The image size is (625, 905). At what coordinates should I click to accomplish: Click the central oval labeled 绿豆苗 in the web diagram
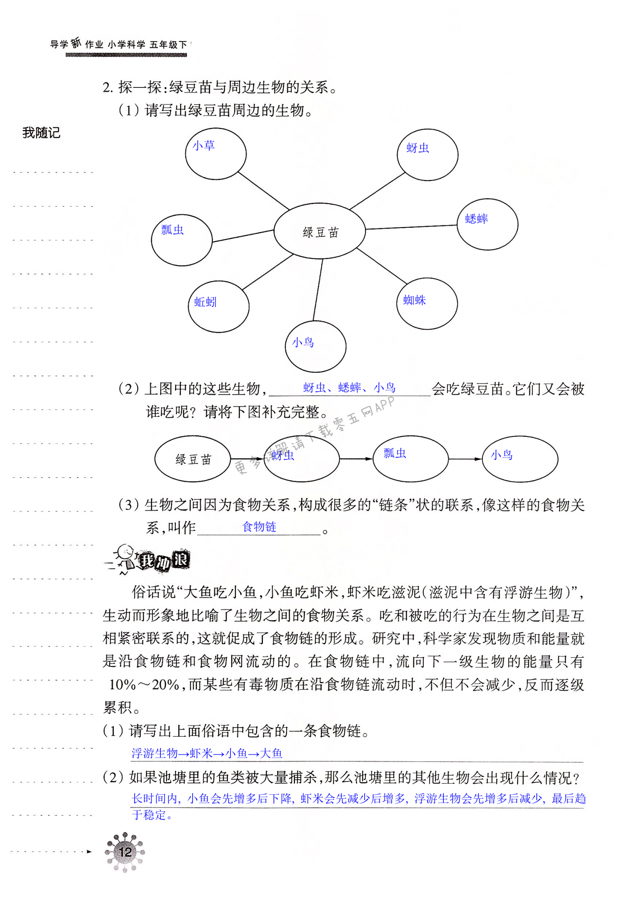point(320,232)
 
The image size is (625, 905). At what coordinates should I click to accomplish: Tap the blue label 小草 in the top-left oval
point(204,145)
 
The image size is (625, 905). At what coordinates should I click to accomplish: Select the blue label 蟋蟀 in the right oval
point(476,219)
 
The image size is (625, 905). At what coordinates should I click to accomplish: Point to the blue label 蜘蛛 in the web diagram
point(414,300)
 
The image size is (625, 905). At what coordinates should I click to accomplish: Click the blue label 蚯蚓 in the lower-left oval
point(205,302)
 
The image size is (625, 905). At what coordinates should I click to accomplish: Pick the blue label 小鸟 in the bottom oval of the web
point(303,342)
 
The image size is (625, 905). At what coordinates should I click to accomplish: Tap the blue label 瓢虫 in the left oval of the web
point(172,229)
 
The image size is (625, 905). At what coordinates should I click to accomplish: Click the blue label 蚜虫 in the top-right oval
point(417,148)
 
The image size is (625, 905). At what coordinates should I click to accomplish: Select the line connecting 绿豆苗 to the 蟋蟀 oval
point(411,227)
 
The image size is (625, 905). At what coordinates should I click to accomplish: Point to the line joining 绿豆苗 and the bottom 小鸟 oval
point(318,290)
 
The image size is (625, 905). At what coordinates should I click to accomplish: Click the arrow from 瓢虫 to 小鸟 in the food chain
point(465,459)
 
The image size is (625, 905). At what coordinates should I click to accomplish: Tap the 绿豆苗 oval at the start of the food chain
point(193,459)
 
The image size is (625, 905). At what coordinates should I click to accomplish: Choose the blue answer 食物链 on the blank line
point(259,527)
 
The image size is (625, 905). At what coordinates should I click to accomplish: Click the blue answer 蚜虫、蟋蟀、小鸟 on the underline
point(349,388)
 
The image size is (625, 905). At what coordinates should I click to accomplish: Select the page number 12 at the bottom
point(125,852)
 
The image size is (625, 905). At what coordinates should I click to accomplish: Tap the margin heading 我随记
point(41,133)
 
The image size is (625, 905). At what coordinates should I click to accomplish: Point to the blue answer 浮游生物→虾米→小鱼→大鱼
point(207,753)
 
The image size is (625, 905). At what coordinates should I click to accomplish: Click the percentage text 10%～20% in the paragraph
point(144,684)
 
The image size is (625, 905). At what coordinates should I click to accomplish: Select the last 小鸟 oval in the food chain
point(520,459)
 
